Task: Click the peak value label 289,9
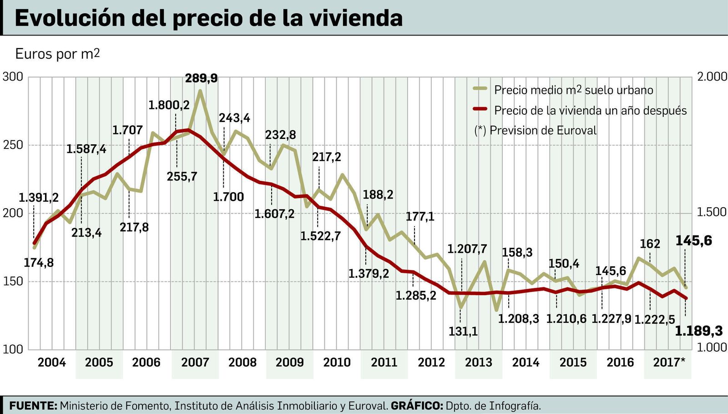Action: click(201, 78)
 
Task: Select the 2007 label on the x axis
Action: click(195, 363)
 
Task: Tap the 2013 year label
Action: click(478, 363)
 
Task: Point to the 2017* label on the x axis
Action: click(669, 363)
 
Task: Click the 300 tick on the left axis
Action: click(13, 77)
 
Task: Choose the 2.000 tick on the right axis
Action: click(712, 77)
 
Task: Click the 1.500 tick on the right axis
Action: click(712, 212)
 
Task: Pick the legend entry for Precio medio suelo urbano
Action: click(573, 90)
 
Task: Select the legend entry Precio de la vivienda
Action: click(590, 110)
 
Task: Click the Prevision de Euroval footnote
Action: click(535, 131)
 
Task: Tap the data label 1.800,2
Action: click(169, 105)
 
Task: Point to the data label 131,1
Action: click(463, 332)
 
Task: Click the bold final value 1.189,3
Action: click(698, 331)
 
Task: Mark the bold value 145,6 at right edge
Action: click(694, 241)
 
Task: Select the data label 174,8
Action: click(39, 263)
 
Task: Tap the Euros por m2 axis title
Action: click(57, 54)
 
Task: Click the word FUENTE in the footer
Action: click(33, 405)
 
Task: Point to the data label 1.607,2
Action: click(274, 213)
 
